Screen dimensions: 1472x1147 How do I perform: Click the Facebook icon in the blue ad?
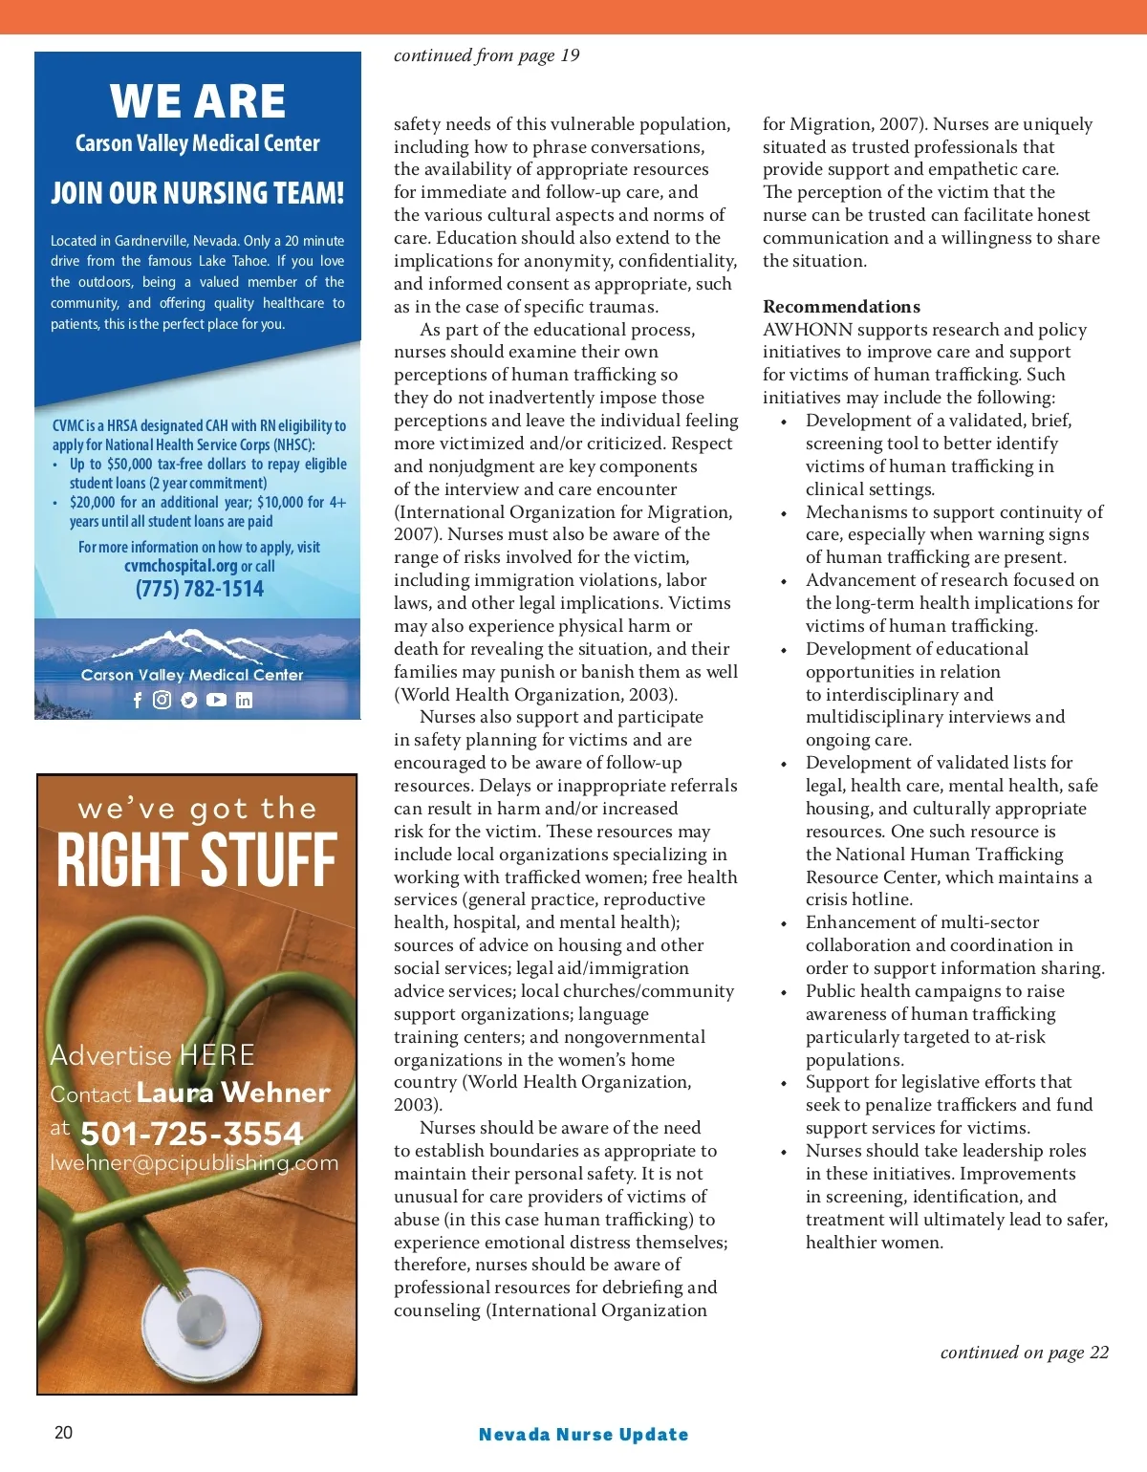pos(138,700)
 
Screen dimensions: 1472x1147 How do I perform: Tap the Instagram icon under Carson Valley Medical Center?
pos(162,700)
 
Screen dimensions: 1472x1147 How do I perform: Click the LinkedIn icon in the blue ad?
pos(244,700)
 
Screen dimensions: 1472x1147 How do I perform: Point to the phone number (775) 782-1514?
pos(200,589)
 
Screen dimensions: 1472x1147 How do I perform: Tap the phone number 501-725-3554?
pos(191,1134)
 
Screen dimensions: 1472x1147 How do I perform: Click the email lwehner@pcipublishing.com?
pos(194,1163)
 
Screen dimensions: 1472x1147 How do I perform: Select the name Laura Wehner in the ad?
pos(233,1093)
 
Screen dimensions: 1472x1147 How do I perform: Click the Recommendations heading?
pos(841,307)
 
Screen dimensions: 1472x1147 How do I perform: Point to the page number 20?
pos(63,1432)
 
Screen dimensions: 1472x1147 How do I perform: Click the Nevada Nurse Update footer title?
pos(583,1434)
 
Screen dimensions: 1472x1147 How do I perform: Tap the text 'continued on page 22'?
pos(1024,1353)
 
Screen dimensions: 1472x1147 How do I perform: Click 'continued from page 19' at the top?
pos(487,55)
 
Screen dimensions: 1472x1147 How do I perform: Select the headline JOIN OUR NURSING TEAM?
pos(197,193)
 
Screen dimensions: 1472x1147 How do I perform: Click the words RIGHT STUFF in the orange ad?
pos(197,859)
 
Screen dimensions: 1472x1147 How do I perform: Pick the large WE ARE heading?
pos(198,101)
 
